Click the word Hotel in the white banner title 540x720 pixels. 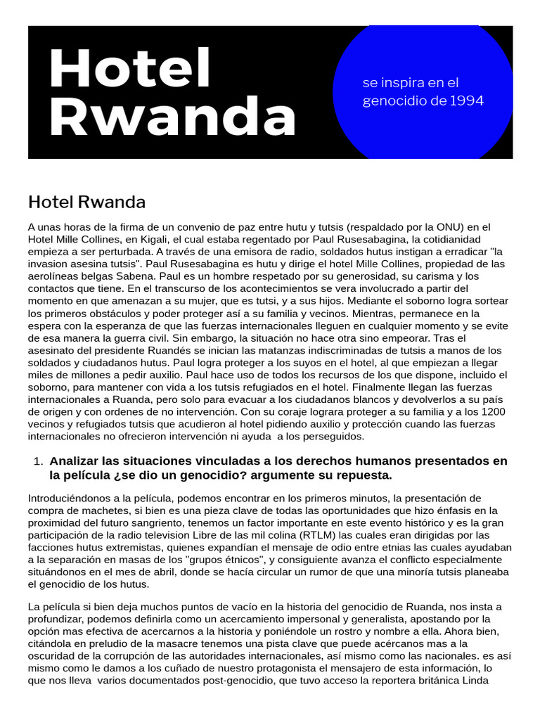tap(131, 70)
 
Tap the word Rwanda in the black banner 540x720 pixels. tap(173, 117)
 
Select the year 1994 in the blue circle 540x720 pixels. tap(467, 101)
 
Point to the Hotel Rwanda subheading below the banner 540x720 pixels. tap(86, 202)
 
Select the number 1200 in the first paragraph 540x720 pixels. tap(495, 411)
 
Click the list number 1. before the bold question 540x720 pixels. tap(39, 461)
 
